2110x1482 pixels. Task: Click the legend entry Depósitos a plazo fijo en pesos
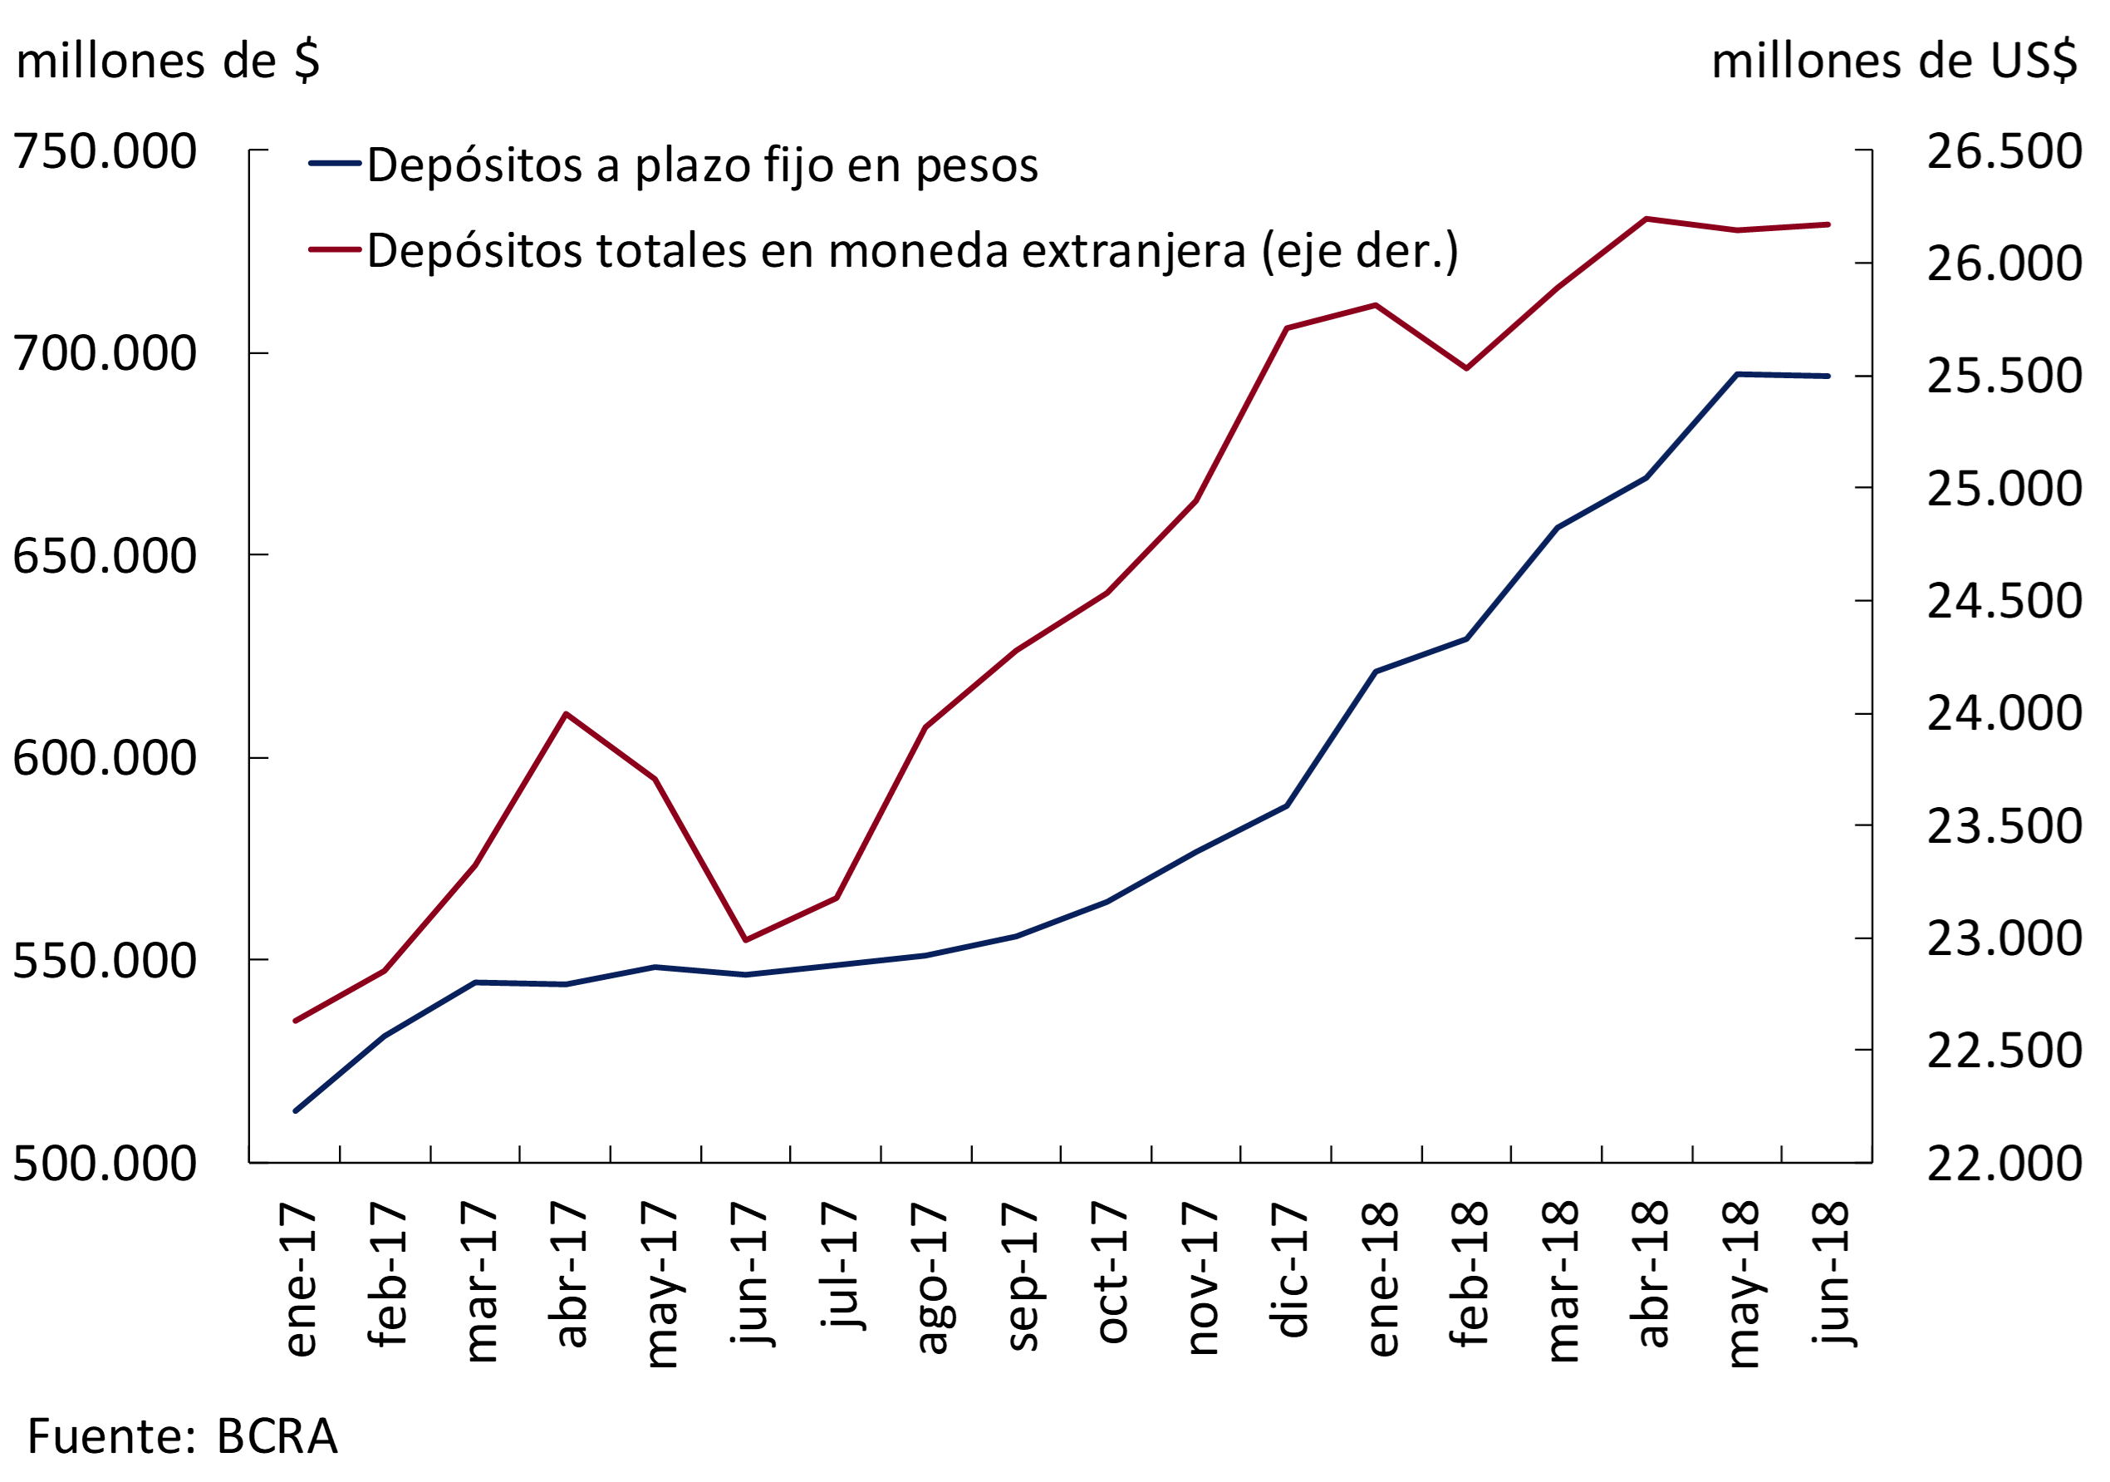click(x=702, y=165)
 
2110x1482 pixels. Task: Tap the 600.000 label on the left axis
click(x=105, y=759)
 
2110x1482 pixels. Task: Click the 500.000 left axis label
click(x=105, y=1164)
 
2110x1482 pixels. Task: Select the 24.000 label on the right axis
click(x=2004, y=713)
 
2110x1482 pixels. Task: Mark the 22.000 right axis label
click(x=2004, y=1164)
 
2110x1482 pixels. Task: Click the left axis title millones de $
click(x=168, y=62)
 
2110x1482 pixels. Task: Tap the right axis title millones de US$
click(x=1894, y=62)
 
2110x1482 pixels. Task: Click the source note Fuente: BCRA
click(x=182, y=1436)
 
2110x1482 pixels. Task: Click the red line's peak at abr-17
click(x=566, y=713)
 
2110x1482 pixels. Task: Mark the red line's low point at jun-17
click(x=745, y=939)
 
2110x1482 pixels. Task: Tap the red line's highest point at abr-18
click(x=1646, y=219)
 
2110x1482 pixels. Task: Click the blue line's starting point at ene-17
click(x=295, y=1110)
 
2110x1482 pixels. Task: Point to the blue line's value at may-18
click(x=1737, y=374)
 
